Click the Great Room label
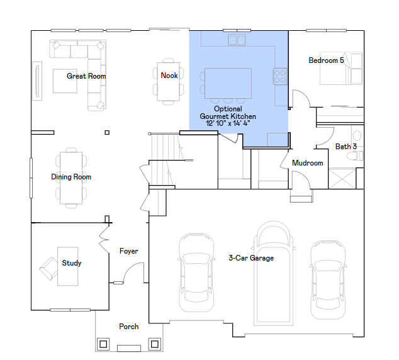click(x=86, y=76)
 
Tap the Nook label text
click(x=169, y=76)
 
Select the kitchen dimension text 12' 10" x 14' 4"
click(x=228, y=123)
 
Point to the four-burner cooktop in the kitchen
click(x=280, y=77)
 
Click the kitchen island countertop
click(x=228, y=83)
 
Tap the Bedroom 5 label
click(x=326, y=60)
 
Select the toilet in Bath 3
click(x=355, y=155)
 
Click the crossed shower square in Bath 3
click(x=342, y=179)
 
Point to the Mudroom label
click(x=307, y=163)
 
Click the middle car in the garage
click(x=274, y=273)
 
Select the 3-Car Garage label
click(x=251, y=258)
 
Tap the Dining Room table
click(x=71, y=178)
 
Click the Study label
click(x=72, y=263)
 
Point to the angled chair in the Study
click(x=49, y=268)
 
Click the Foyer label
click(x=129, y=251)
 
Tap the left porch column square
click(x=103, y=344)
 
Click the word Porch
click(x=129, y=327)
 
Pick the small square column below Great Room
click(x=107, y=132)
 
